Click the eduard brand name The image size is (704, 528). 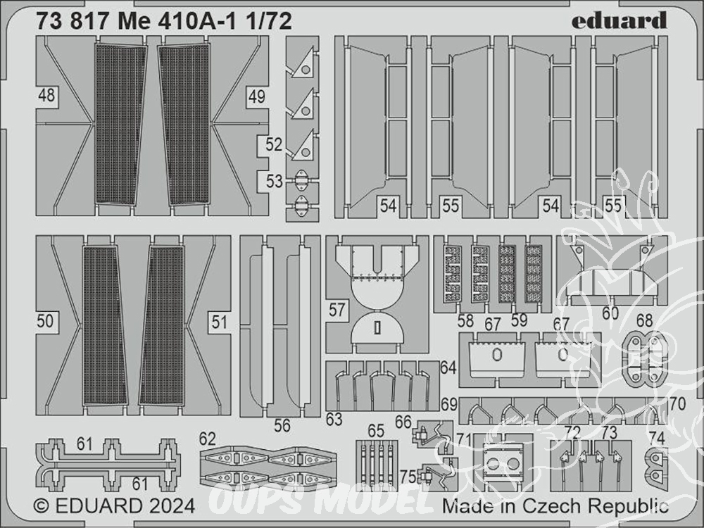coord(619,21)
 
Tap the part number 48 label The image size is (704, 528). coord(46,95)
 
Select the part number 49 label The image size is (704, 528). coord(256,96)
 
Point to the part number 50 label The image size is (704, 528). coord(45,322)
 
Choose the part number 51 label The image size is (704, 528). coord(219,322)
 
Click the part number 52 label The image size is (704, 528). coord(274,144)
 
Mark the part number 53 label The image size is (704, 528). coord(275,182)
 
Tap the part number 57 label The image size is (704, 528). coord(337,310)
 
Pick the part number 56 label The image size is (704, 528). coord(282,426)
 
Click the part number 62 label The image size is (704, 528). coord(208,439)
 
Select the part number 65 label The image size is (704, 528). coord(376,431)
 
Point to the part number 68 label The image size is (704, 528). coord(644,320)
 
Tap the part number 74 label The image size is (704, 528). coord(657,439)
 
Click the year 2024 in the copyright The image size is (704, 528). coord(172,506)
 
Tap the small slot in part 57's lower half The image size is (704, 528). coord(377,328)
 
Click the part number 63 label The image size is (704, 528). coord(334,420)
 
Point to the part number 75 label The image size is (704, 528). coord(408,477)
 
